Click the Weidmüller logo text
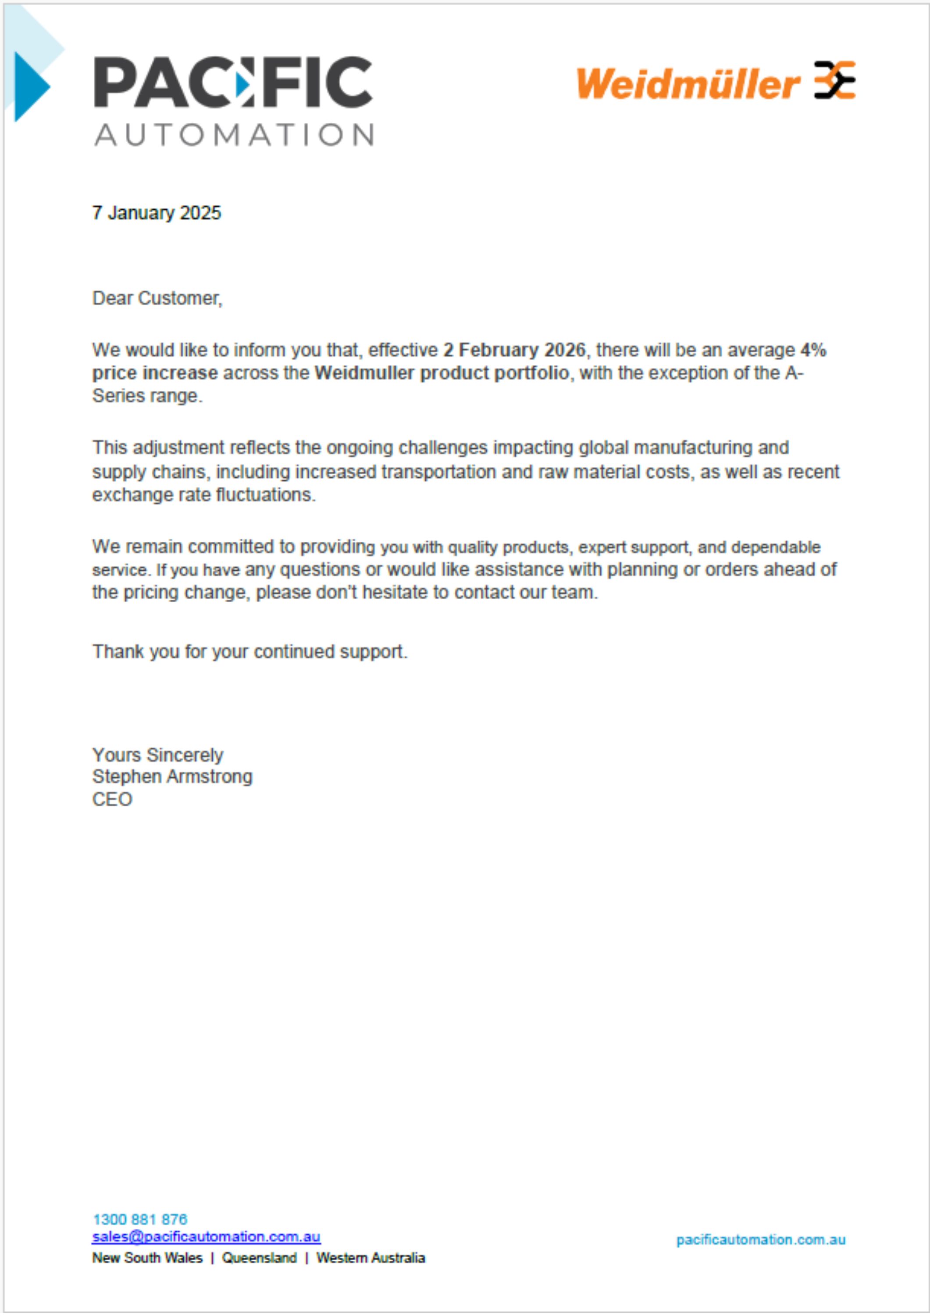tap(688, 84)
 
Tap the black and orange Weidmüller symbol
tap(835, 80)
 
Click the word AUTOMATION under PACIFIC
tap(234, 135)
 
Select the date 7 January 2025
tap(157, 213)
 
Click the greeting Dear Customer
tap(157, 299)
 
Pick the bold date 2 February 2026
tap(514, 350)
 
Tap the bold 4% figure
tap(813, 350)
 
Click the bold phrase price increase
tap(155, 373)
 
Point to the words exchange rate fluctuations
tap(203, 495)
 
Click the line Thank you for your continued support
tap(250, 652)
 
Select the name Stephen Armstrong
tap(172, 776)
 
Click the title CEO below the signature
tap(112, 799)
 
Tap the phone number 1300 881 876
tap(140, 1219)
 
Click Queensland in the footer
tap(259, 1258)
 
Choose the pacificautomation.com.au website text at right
tap(760, 1240)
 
